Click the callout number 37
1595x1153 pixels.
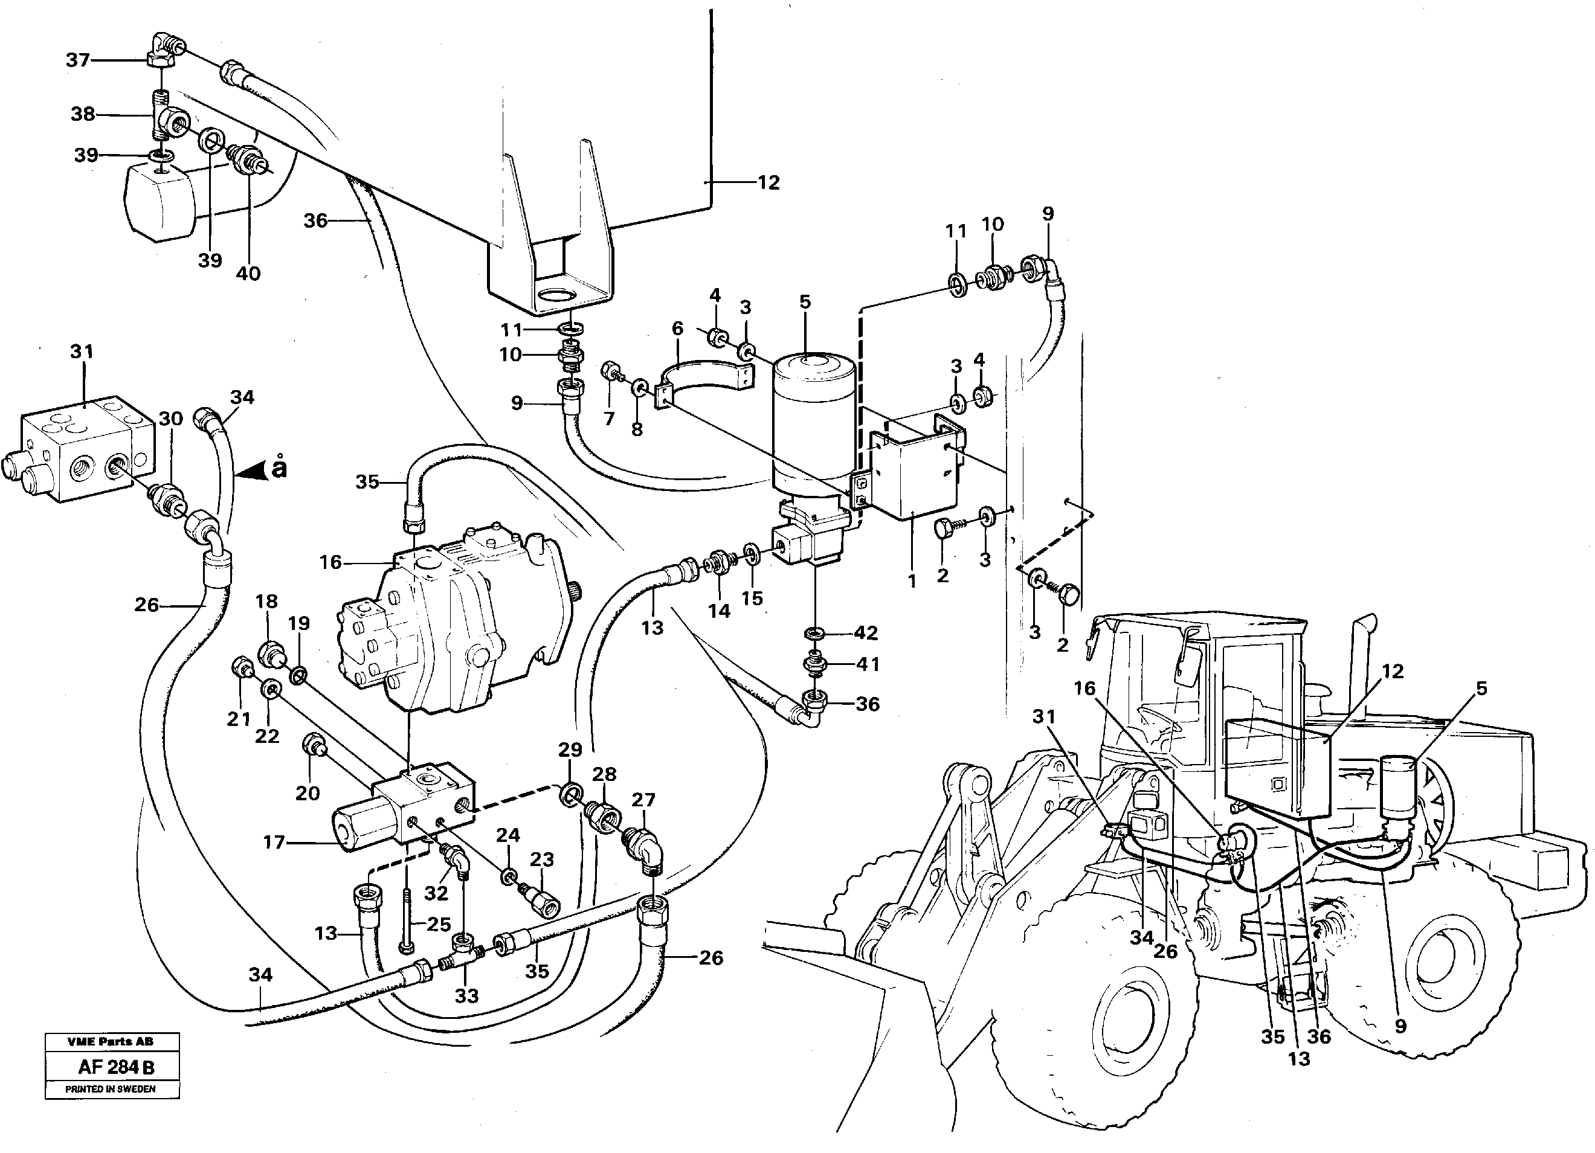[78, 60]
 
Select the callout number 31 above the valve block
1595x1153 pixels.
[82, 352]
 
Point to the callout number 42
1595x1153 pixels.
[865, 633]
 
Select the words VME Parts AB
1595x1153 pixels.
[111, 1041]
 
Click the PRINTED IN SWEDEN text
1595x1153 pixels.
[111, 1089]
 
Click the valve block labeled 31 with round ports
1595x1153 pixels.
[85, 450]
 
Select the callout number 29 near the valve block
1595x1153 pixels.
[570, 750]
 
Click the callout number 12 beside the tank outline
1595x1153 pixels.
[768, 183]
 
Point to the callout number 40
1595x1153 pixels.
[248, 273]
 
